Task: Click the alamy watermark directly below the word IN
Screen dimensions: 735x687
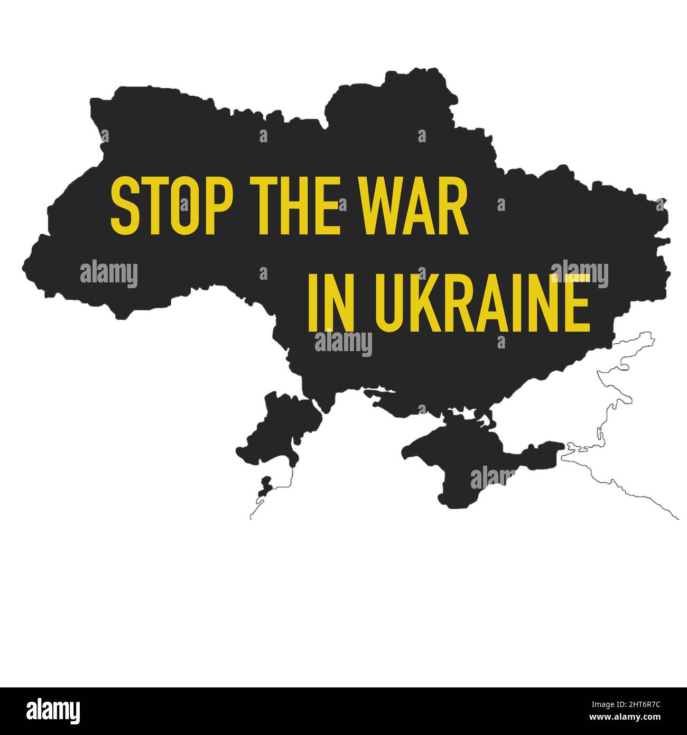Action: [343, 344]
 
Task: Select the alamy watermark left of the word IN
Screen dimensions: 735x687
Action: [109, 274]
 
